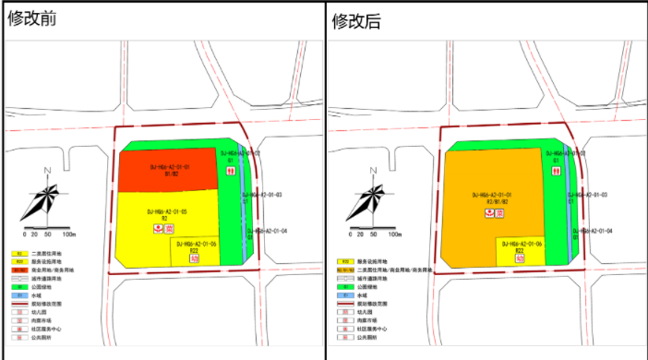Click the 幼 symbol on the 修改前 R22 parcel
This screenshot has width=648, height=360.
(195, 259)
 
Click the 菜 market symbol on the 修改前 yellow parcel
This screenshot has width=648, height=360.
(170, 228)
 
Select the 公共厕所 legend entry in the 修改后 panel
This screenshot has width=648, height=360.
(366, 337)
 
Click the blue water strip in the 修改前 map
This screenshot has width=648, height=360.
(244, 203)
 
